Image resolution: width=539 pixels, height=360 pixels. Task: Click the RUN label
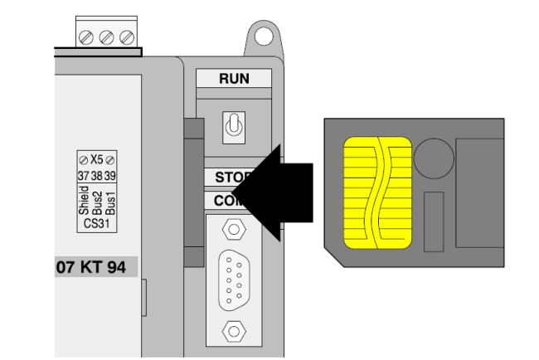pyautogui.click(x=234, y=79)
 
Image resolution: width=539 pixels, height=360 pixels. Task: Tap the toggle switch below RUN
pyautogui.click(x=234, y=125)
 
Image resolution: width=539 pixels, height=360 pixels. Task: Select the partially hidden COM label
pyautogui.click(x=224, y=201)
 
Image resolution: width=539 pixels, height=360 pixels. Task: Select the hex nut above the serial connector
pyautogui.click(x=234, y=227)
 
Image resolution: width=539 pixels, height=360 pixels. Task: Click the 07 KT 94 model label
pyautogui.click(x=92, y=269)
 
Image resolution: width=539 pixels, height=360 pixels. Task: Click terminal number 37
pyautogui.click(x=83, y=175)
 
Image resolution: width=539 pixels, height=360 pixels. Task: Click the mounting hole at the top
pyautogui.click(x=263, y=36)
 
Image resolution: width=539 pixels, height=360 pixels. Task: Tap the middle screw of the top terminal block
pyautogui.click(x=107, y=38)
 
